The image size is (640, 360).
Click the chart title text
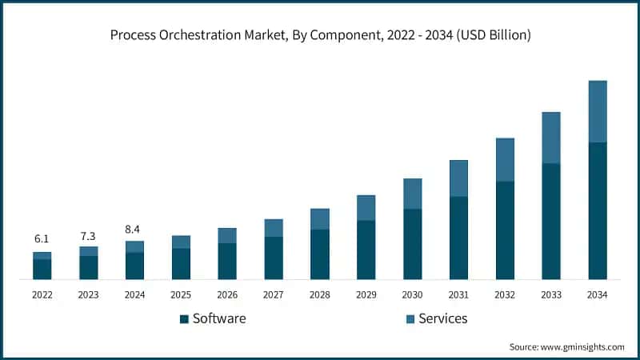click(320, 35)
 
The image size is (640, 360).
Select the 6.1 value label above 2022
click(42, 239)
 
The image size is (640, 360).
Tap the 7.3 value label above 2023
click(88, 236)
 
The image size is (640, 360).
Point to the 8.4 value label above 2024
click(134, 230)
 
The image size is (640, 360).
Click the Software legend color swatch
click(184, 319)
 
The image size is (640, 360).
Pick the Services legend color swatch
click(410, 319)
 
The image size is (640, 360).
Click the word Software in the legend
click(219, 318)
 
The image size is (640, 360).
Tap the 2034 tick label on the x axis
click(598, 294)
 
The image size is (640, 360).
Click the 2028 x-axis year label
click(320, 294)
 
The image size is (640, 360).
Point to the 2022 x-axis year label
click(42, 294)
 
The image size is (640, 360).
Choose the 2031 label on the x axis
click(458, 294)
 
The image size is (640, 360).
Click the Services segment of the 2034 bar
click(598, 111)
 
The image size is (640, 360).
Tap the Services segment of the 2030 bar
click(412, 194)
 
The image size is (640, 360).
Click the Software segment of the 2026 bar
click(227, 261)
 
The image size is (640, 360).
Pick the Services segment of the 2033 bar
click(551, 138)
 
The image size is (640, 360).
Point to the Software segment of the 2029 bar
click(366, 250)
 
